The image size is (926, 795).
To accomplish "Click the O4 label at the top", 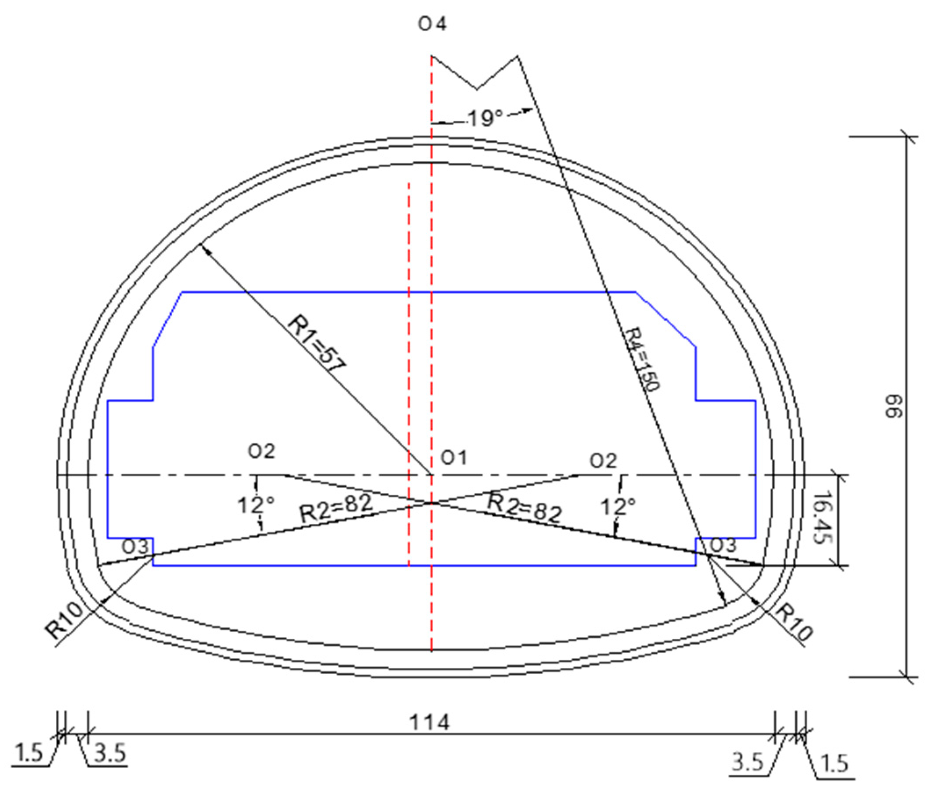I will coord(432,25).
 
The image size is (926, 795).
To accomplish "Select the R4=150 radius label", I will coord(641,360).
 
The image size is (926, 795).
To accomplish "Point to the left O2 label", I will coord(261,452).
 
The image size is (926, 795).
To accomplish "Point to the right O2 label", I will coord(603,461).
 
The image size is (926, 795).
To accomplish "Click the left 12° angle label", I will coord(256,506).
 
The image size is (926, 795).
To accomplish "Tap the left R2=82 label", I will coord(335,509).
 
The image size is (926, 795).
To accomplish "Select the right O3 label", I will coord(723,545).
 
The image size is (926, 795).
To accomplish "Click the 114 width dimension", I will coord(429,723).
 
